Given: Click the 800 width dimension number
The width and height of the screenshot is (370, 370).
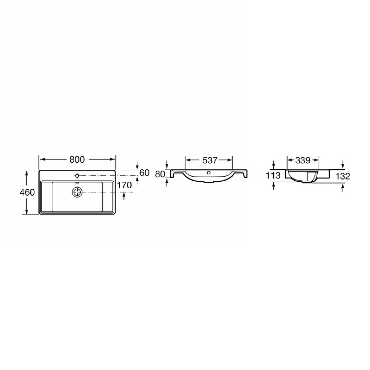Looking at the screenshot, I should (77, 160).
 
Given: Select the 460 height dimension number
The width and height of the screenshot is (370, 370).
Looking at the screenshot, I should (27, 192).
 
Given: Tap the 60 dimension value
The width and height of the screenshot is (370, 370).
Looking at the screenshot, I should (144, 173).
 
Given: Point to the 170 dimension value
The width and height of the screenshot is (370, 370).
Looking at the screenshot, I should (124, 185).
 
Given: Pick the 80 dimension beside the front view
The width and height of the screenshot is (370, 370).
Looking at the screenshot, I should (160, 174).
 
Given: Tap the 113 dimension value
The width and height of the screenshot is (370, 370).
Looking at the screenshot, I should (274, 176).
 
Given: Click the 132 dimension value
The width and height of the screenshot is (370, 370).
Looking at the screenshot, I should (343, 176).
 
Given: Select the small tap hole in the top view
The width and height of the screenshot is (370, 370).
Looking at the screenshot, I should (77, 176).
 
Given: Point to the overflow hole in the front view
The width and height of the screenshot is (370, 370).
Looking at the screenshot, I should (209, 173).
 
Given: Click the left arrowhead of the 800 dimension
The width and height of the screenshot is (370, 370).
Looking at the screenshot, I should (41, 160).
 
